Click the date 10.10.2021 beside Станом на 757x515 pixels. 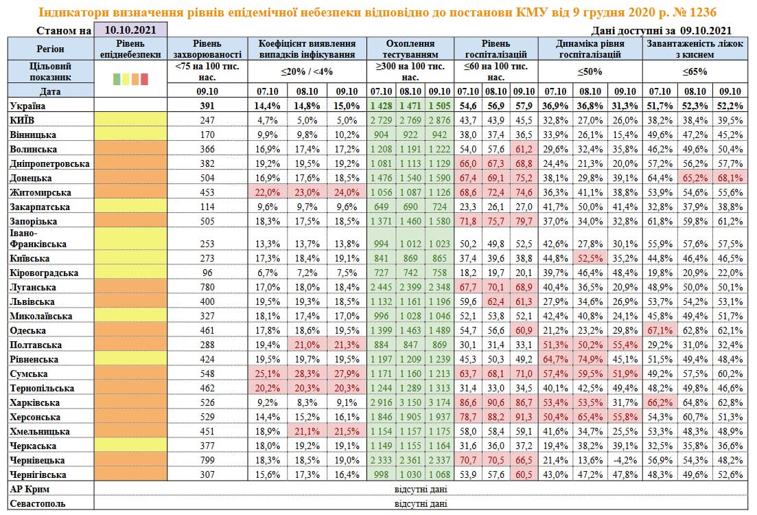click(x=130, y=30)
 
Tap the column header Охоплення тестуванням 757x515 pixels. click(x=410, y=48)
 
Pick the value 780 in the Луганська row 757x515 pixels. click(x=207, y=286)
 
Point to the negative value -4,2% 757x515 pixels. click(x=624, y=460)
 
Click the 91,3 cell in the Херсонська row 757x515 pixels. click(x=524, y=417)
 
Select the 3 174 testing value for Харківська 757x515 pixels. click(x=439, y=402)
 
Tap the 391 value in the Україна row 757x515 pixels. click(x=207, y=106)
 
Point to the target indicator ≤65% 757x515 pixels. click(x=695, y=71)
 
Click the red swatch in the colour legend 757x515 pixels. click(x=144, y=79)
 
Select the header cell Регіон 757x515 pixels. click(x=50, y=49)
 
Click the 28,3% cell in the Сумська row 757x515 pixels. click(x=308, y=374)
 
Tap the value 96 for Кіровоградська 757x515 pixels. click(x=207, y=273)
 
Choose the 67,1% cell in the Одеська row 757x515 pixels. click(x=660, y=330)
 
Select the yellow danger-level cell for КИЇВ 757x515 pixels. click(x=130, y=120)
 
